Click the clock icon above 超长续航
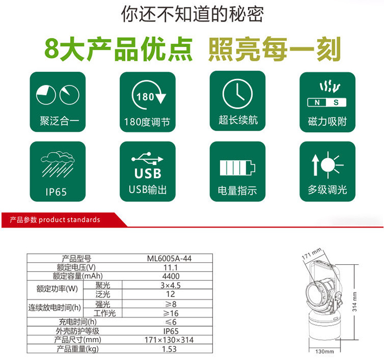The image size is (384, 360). pyautogui.click(x=238, y=95)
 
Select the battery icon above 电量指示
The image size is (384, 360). pyautogui.click(x=237, y=167)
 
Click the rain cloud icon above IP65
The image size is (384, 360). pyautogui.click(x=56, y=164)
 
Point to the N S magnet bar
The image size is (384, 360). pyautogui.click(x=326, y=102)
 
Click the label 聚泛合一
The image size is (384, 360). pyautogui.click(x=56, y=122)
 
